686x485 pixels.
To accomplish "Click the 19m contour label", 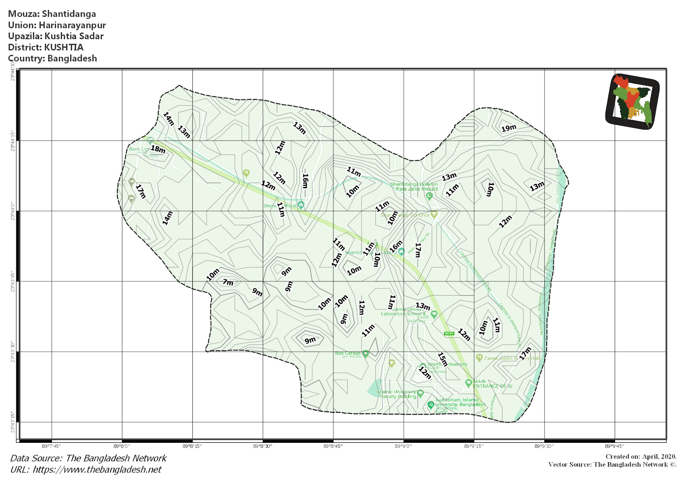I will (508, 128).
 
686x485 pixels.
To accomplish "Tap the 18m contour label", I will (158, 149).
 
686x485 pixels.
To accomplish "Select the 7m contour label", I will (228, 282).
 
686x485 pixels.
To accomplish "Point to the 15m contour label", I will (442, 359).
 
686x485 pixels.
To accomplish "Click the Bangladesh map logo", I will (632, 101).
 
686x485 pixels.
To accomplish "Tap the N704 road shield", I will (449, 333).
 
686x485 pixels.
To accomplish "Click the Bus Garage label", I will (348, 353).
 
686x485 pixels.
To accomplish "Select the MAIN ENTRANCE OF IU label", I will (492, 384).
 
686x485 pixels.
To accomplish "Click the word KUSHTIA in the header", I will (64, 47).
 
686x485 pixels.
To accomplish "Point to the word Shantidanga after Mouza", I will (69, 14).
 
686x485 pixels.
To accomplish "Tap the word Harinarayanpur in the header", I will (72, 25).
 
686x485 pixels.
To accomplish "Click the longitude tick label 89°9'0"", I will (403, 446).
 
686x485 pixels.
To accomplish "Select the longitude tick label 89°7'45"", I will (51, 446).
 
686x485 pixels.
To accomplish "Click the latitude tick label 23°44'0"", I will (13, 211).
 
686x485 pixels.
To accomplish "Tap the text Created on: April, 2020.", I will (641, 457).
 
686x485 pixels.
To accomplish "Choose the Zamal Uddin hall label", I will (511, 358).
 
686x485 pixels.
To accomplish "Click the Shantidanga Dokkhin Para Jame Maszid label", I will (414, 187).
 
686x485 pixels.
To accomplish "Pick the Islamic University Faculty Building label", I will (396, 394).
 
